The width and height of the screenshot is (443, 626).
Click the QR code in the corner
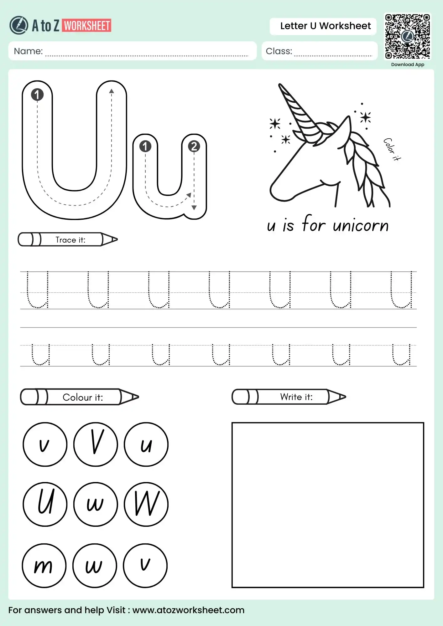pyautogui.click(x=407, y=36)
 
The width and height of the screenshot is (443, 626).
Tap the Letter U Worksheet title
pyautogui.click(x=325, y=26)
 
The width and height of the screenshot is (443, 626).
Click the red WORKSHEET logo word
pyautogui.click(x=87, y=26)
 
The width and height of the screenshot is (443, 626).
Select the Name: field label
pyautogui.click(x=28, y=51)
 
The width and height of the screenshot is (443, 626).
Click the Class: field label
pyautogui.click(x=279, y=51)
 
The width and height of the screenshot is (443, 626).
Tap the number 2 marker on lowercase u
pyautogui.click(x=194, y=146)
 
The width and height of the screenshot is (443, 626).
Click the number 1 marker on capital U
pyautogui.click(x=37, y=95)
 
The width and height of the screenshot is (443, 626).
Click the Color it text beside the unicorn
pyautogui.click(x=392, y=149)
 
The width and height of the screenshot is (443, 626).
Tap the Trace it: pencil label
pyautogui.click(x=70, y=240)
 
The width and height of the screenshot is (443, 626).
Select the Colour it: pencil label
pyautogui.click(x=82, y=397)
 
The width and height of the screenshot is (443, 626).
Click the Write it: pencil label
pyautogui.click(x=296, y=397)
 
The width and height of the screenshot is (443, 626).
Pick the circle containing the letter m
pyautogui.click(x=44, y=566)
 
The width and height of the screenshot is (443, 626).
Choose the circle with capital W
pyautogui.click(x=146, y=504)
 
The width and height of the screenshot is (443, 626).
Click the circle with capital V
pyautogui.click(x=96, y=444)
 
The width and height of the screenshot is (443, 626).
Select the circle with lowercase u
pyautogui.click(x=146, y=444)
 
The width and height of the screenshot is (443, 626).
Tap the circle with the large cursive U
pyautogui.click(x=45, y=504)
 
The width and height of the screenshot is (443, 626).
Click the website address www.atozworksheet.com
pyautogui.click(x=188, y=610)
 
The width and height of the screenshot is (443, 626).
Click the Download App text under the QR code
pyautogui.click(x=407, y=64)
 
